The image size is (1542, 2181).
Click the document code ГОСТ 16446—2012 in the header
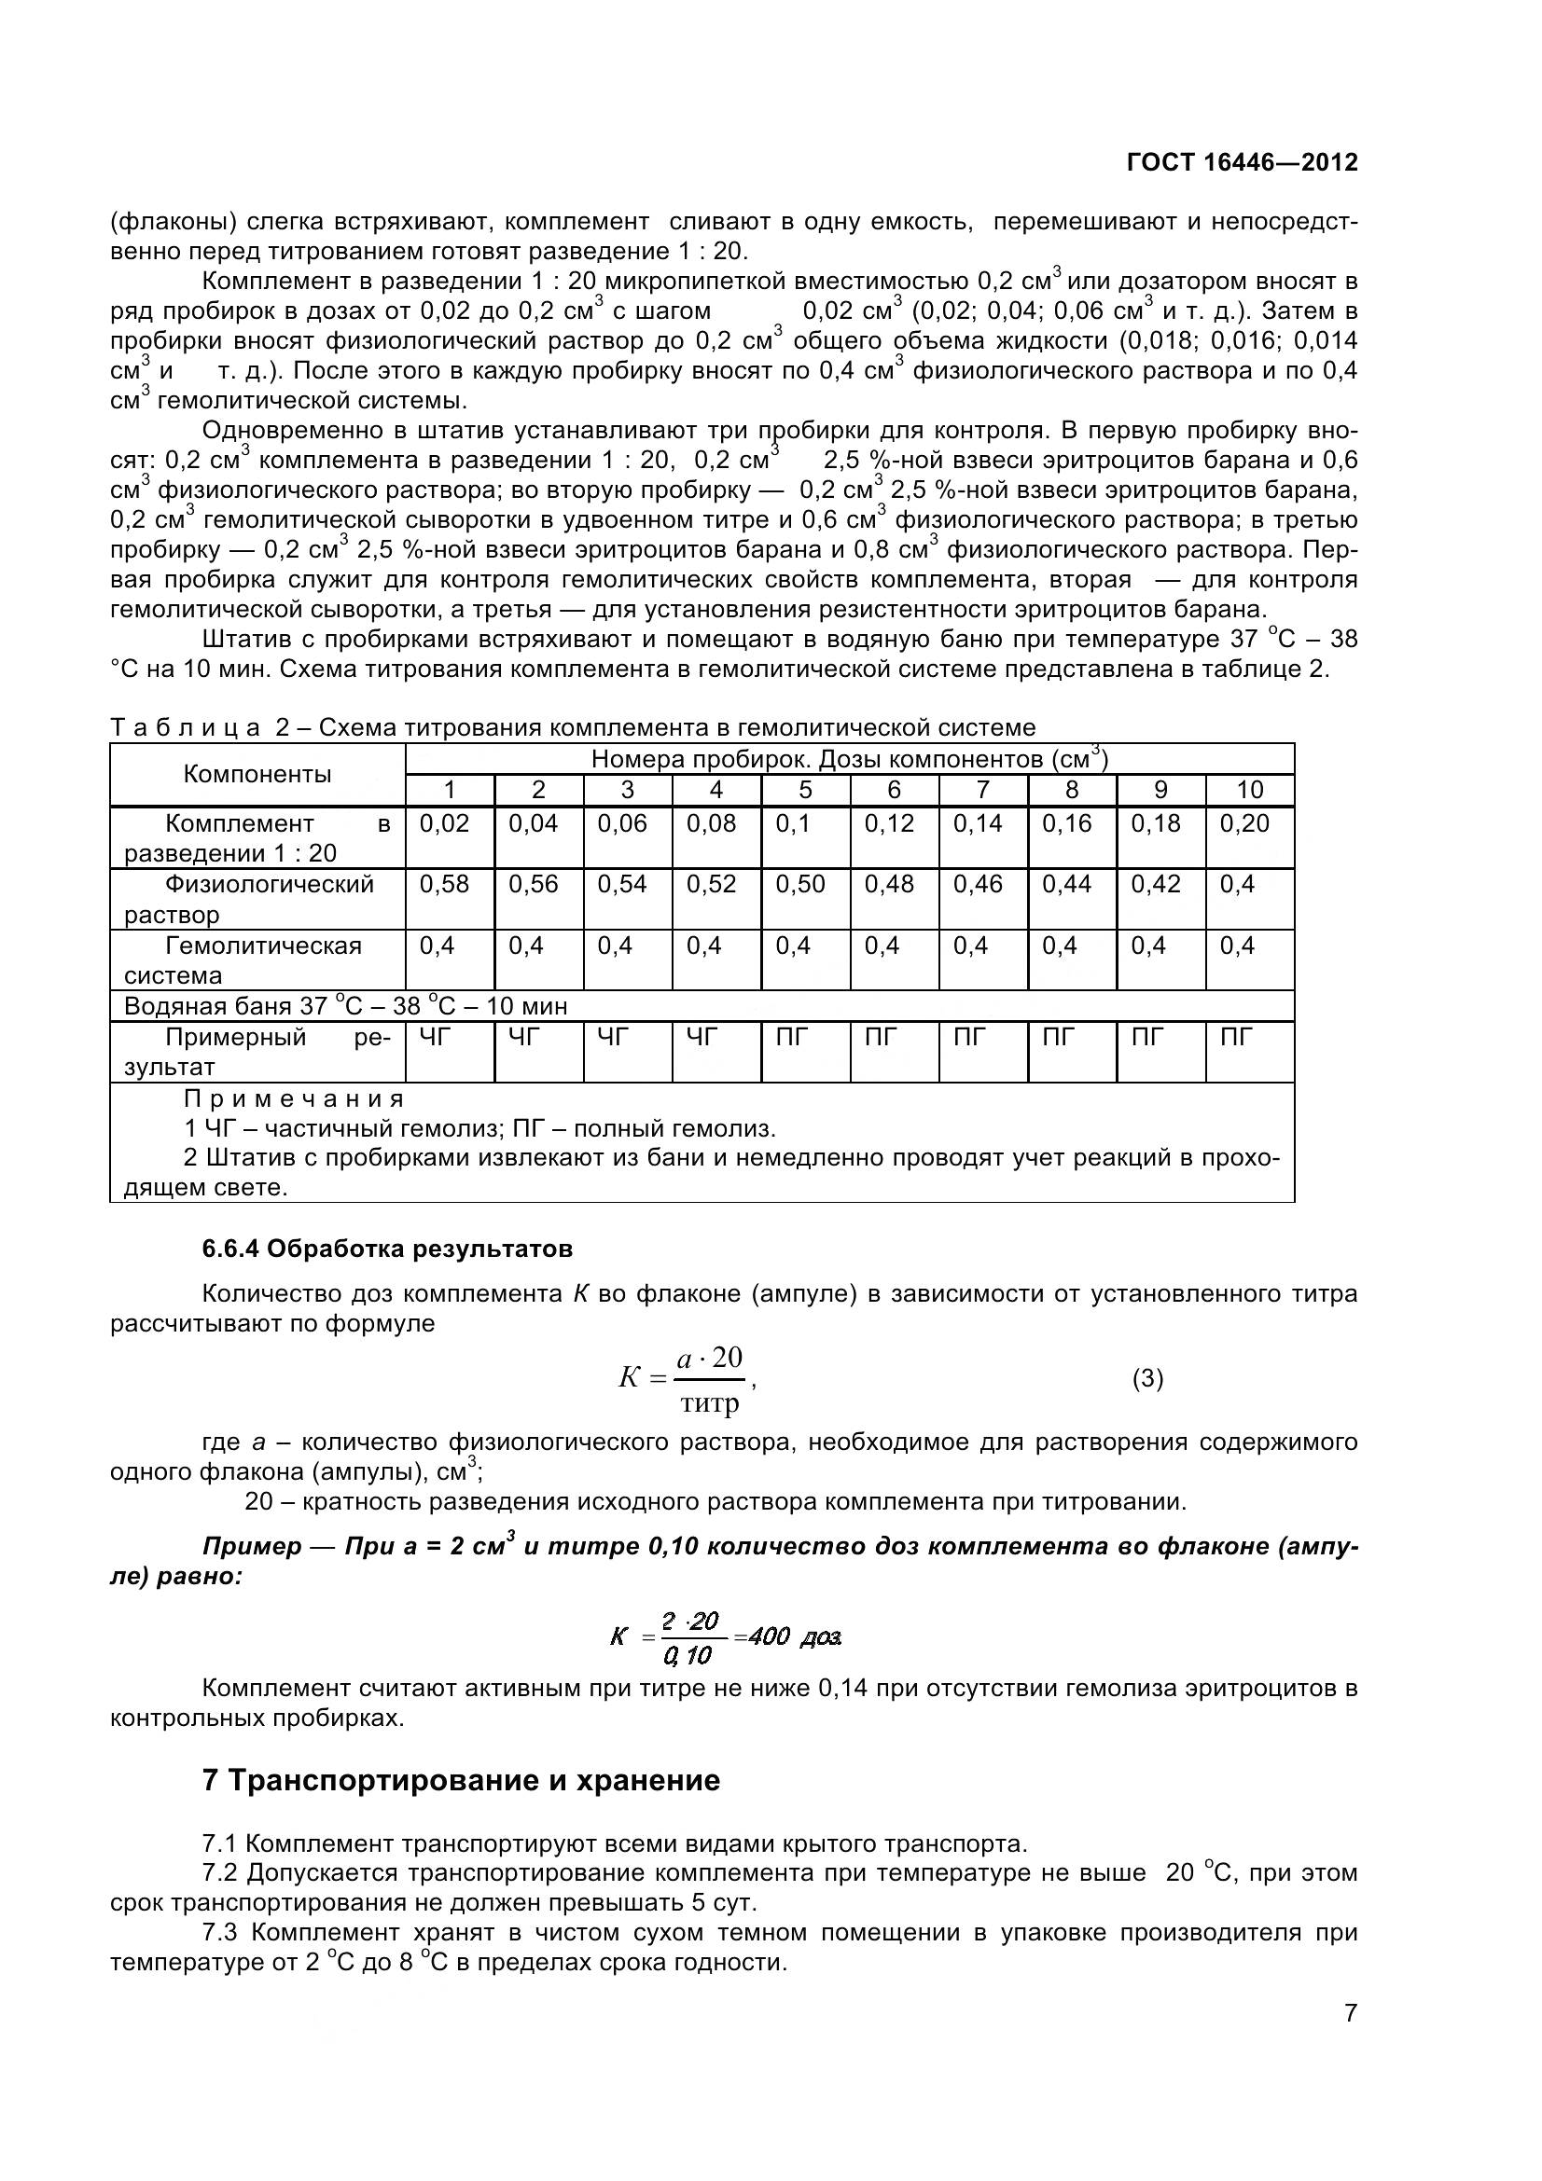click(x=1242, y=162)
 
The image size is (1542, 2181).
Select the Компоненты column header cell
click(x=257, y=774)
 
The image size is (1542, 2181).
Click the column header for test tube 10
click(x=1249, y=790)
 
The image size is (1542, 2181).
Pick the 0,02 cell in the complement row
click(x=445, y=823)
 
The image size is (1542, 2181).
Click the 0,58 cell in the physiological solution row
click(x=445, y=884)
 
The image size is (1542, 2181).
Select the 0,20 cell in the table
click(x=1244, y=823)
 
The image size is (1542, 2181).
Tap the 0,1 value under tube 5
click(x=793, y=823)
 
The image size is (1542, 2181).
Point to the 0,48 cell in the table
click(x=889, y=884)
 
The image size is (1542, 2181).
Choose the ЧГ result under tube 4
click(x=702, y=1037)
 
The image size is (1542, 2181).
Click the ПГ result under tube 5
click(x=791, y=1037)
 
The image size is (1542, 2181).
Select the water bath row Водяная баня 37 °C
click(x=346, y=1006)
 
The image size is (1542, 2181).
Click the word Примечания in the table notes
click(x=294, y=1099)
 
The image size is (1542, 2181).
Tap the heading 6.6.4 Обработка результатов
click(x=387, y=1249)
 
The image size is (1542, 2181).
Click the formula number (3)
click(x=1147, y=1378)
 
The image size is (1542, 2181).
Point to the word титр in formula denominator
click(x=710, y=1404)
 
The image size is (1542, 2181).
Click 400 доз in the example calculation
click(x=795, y=1636)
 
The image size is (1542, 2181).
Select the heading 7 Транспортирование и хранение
click(x=461, y=1780)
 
